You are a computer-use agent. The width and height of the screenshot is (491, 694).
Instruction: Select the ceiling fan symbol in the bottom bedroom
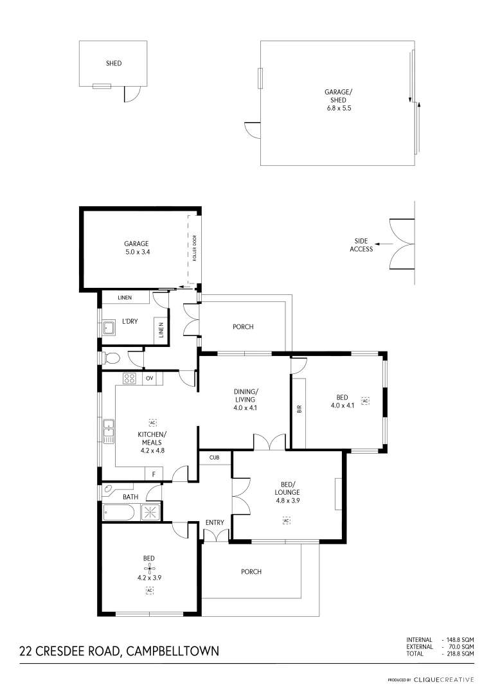(x=149, y=568)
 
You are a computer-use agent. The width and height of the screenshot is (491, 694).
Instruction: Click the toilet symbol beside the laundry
(x=112, y=358)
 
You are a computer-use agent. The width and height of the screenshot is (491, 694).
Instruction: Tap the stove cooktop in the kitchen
(x=129, y=378)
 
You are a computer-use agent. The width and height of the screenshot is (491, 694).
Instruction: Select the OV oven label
(x=150, y=378)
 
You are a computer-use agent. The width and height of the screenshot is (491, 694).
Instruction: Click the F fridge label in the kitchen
(x=154, y=474)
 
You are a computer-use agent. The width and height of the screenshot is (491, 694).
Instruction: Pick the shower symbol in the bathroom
(x=151, y=512)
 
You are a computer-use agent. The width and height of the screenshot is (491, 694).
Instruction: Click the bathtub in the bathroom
(x=120, y=512)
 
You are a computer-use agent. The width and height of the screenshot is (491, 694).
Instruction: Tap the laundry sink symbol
(x=109, y=329)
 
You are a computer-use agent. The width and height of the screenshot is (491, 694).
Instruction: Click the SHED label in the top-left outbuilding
(x=114, y=64)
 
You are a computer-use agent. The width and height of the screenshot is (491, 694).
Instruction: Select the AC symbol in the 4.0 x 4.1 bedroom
(x=366, y=400)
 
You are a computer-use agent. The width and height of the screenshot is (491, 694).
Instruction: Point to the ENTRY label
(x=215, y=522)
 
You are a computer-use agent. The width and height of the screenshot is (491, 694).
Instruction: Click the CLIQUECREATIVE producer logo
(x=443, y=679)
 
